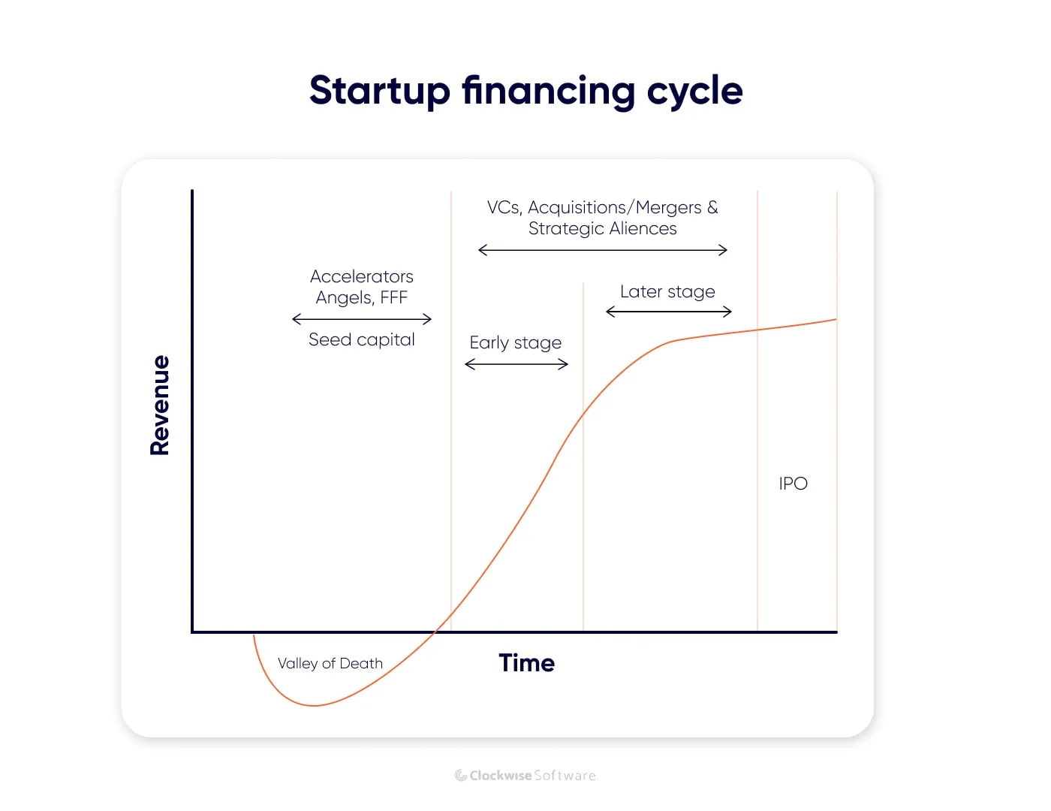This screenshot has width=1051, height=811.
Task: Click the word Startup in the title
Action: pos(379,91)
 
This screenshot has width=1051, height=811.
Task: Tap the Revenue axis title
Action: pos(160,405)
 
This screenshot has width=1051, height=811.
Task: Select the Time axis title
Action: pos(526,663)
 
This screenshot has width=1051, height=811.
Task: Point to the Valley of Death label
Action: pos(330,664)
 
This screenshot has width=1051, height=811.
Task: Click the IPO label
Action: pos(793,484)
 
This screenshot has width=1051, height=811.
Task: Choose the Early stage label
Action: pos(515,343)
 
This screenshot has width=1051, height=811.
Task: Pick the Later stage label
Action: pos(667,291)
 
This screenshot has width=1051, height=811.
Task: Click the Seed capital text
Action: pos(361,339)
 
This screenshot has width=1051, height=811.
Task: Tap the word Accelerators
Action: pos(361,276)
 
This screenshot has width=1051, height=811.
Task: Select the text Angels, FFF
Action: pos(361,297)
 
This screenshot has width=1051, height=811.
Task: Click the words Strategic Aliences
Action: pos(602,228)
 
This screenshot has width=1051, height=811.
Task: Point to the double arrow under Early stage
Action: pos(516,364)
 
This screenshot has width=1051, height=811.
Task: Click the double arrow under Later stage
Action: pos(668,312)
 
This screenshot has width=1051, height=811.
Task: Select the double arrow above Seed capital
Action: pos(361,319)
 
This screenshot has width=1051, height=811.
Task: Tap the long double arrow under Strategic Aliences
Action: pos(602,250)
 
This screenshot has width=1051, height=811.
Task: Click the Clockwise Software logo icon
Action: pos(461,776)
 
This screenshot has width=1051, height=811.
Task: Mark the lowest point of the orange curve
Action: pos(313,705)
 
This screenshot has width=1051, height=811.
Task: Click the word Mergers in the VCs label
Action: pos(668,207)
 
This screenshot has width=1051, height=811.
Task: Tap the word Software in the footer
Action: pos(565,776)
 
